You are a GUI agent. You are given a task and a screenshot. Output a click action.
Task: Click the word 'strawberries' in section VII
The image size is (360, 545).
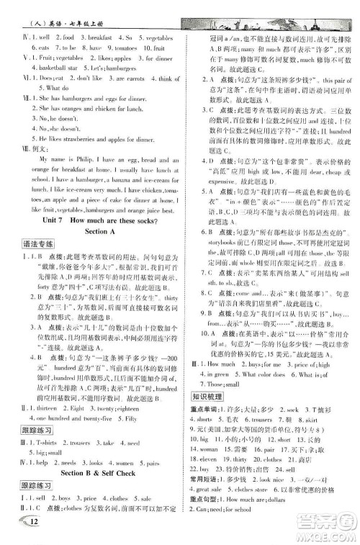pyautogui.click(x=68, y=135)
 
